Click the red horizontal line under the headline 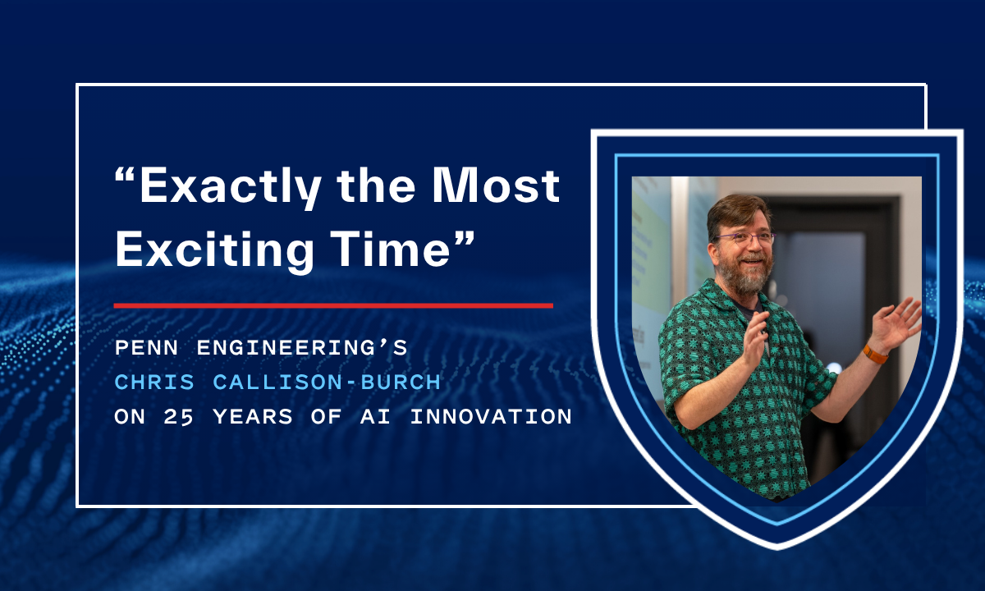point(332,305)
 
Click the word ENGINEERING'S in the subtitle point(300,348)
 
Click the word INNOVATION point(491,417)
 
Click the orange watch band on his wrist point(875,354)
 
